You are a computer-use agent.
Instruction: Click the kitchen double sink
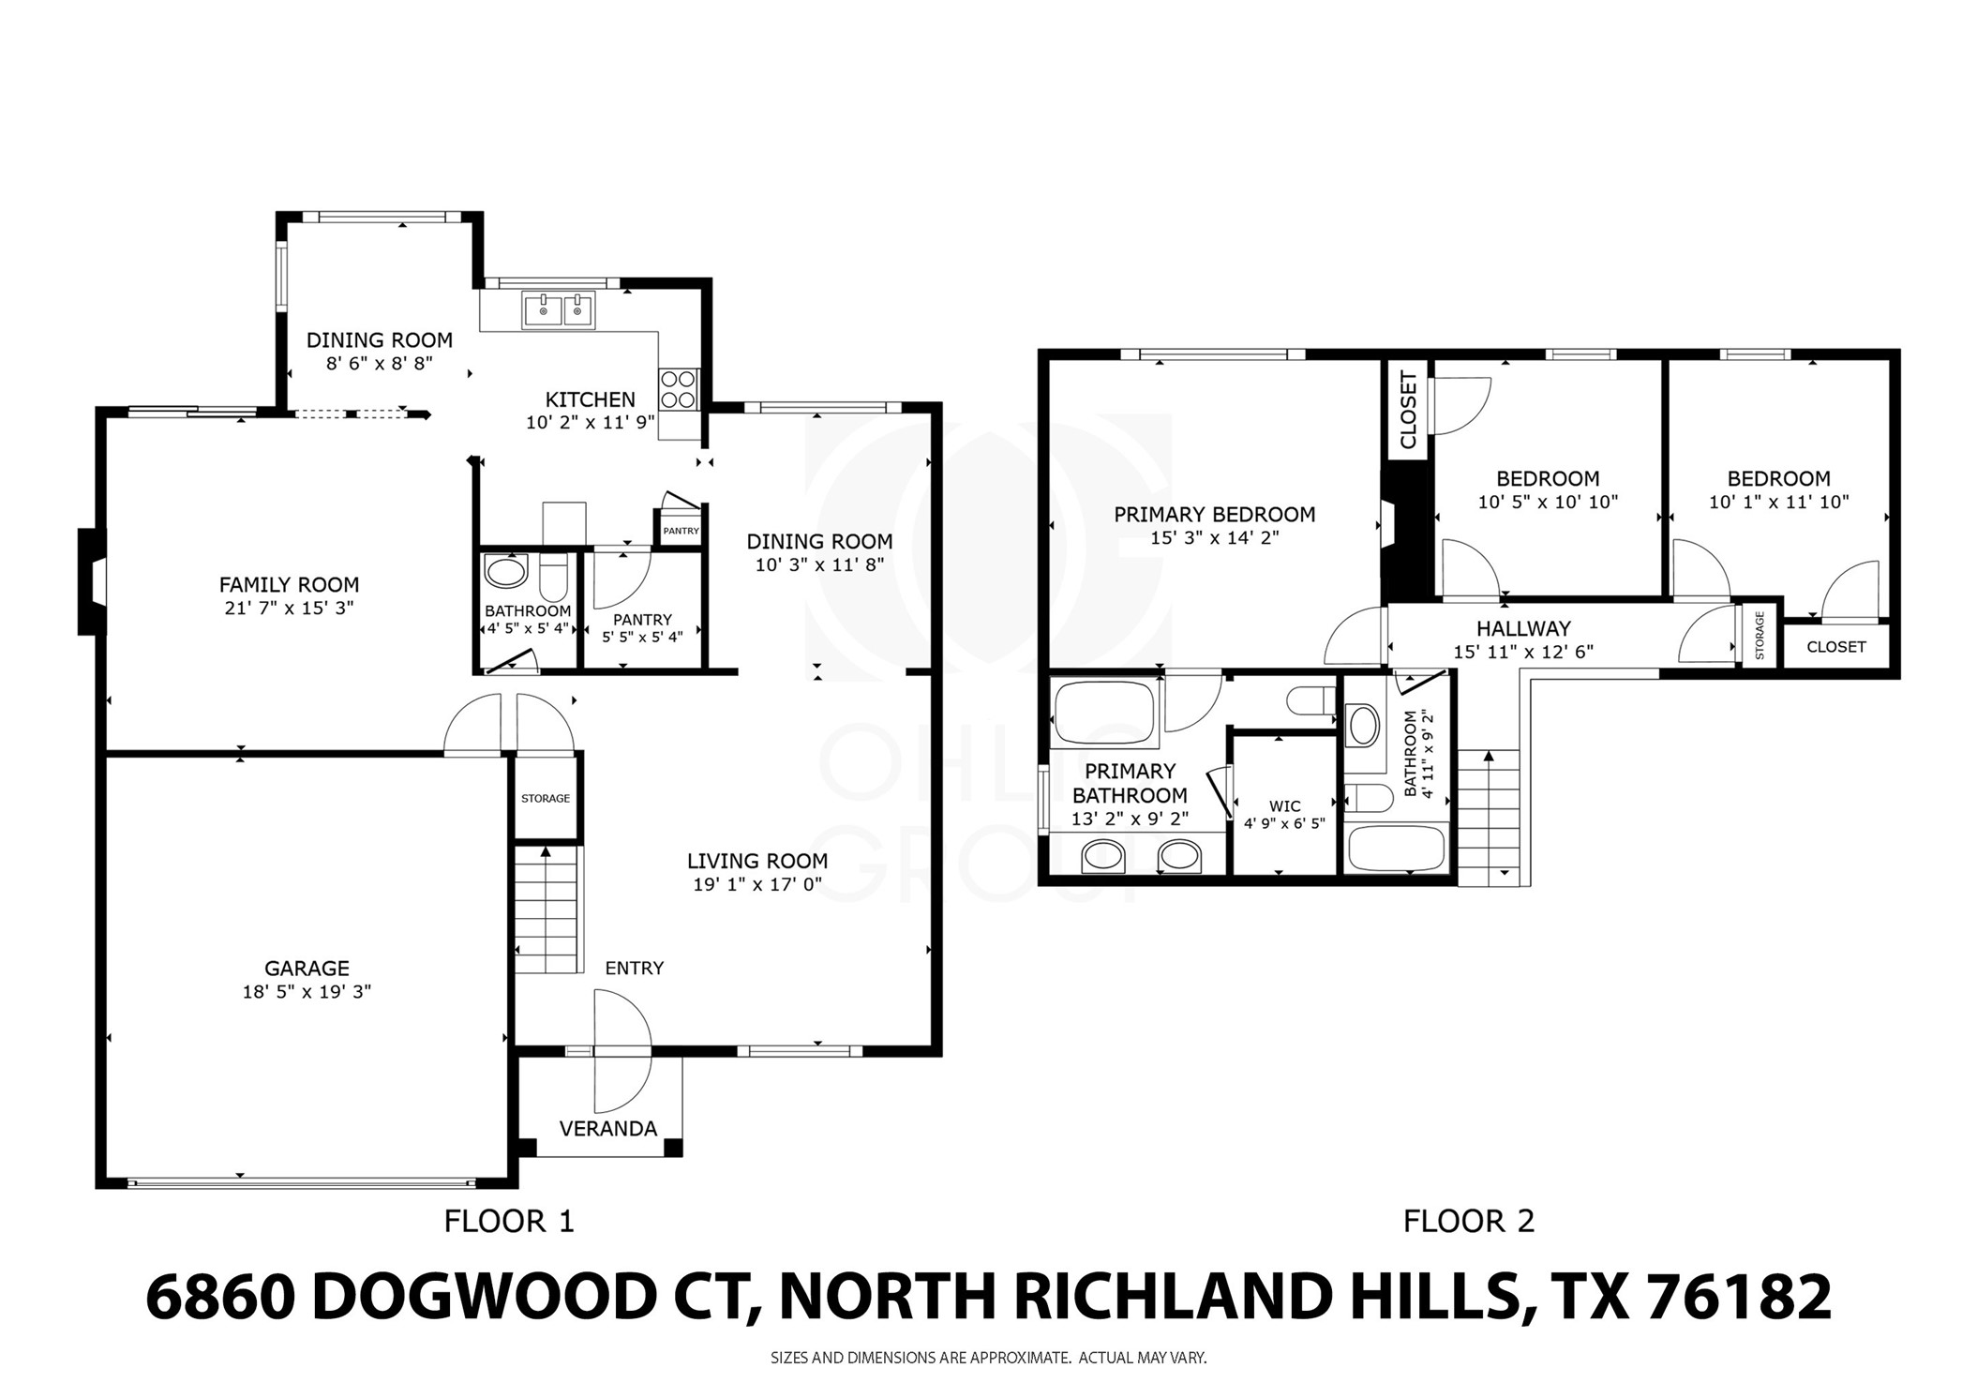pyautogui.click(x=559, y=310)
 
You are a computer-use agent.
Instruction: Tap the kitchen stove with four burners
pyautogui.click(x=679, y=389)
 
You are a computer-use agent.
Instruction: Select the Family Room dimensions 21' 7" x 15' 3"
pyautogui.click(x=289, y=608)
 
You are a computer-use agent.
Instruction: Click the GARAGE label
pyautogui.click(x=307, y=968)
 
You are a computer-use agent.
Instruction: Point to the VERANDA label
pyautogui.click(x=607, y=1128)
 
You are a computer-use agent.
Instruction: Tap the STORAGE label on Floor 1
pyautogui.click(x=546, y=798)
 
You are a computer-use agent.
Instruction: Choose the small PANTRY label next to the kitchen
pyautogui.click(x=681, y=531)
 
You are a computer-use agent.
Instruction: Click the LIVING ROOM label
pyautogui.click(x=756, y=861)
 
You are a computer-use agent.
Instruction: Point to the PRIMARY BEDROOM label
pyautogui.click(x=1214, y=514)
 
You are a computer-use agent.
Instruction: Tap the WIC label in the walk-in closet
pyautogui.click(x=1284, y=805)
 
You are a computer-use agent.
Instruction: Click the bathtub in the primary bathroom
pyautogui.click(x=1102, y=713)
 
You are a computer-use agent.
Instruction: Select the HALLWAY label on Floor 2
pyautogui.click(x=1523, y=628)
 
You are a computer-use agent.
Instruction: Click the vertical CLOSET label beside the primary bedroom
pyautogui.click(x=1408, y=410)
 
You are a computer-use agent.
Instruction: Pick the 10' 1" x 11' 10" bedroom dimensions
pyautogui.click(x=1778, y=502)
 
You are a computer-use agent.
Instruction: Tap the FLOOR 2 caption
pyautogui.click(x=1468, y=1221)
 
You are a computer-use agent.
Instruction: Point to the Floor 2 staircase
pyautogui.click(x=1489, y=816)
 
